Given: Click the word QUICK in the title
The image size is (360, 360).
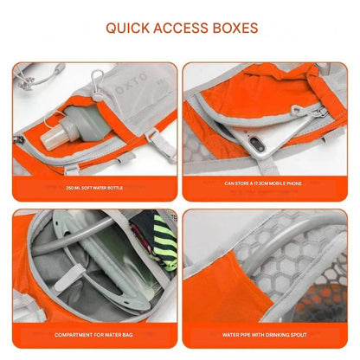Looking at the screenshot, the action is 128,29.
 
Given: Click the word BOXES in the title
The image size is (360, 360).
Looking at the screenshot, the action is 235,28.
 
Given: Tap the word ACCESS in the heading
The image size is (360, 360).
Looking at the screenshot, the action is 181,28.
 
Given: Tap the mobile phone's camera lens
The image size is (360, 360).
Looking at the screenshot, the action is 256,143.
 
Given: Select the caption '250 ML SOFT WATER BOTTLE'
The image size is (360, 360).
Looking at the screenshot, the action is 94,188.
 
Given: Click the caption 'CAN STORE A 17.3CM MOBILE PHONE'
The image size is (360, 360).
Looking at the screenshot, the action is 263,183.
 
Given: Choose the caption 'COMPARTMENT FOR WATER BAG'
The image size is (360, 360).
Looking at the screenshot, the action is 93,335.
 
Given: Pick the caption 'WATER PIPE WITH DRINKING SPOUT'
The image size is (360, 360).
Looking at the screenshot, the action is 264,335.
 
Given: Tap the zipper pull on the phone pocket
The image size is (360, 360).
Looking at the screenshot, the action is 297,111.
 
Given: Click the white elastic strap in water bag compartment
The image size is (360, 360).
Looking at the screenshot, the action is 69,278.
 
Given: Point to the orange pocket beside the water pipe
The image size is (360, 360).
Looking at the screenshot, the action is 228,286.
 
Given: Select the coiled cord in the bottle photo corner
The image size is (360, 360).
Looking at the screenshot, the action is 37,75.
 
